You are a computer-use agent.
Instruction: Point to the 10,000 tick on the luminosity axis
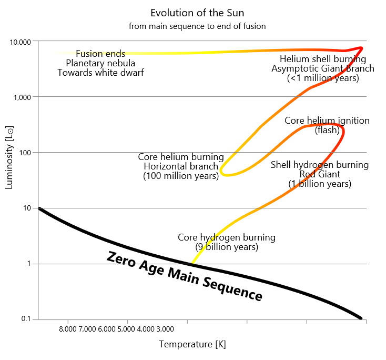21,42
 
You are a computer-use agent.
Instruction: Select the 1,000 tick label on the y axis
23,97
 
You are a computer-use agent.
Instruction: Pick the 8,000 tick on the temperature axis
68,329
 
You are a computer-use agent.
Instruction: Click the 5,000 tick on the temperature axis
127,329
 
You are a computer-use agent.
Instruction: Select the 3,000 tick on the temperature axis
165,329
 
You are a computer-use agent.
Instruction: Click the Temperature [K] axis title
192,344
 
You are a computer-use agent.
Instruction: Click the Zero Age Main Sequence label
185,276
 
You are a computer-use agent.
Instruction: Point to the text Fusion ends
100,54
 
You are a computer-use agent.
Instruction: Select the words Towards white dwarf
100,73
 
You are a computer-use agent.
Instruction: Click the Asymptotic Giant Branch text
323,68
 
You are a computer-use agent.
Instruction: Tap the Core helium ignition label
327,121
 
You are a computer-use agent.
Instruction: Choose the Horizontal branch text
181,167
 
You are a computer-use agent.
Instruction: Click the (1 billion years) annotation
320,184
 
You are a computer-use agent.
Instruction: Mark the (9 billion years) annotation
227,247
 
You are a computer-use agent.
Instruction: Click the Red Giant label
320,174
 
